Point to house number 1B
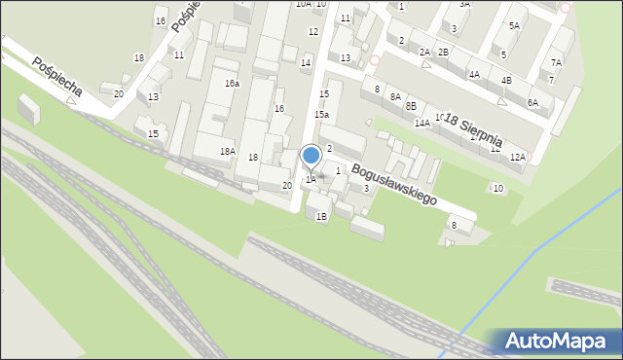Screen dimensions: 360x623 pyautogui.click(x=320, y=217)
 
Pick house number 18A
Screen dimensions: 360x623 pyautogui.click(x=227, y=151)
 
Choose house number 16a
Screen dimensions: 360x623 pyautogui.click(x=232, y=84)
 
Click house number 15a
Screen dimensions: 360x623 pyautogui.click(x=321, y=115)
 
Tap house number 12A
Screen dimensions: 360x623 pyautogui.click(x=517, y=157)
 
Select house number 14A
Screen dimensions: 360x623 pyautogui.click(x=421, y=124)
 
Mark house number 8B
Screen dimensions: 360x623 pyautogui.click(x=411, y=105)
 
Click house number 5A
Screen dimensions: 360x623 pyautogui.click(x=513, y=25)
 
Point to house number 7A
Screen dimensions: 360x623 pyautogui.click(x=556, y=62)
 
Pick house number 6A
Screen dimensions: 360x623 pyautogui.click(x=531, y=102)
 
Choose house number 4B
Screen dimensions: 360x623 pyautogui.click(x=506, y=80)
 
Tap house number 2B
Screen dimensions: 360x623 pyautogui.click(x=443, y=52)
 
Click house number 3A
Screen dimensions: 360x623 pyautogui.click(x=464, y=4)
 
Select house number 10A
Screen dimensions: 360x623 pyautogui.click(x=303, y=4)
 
